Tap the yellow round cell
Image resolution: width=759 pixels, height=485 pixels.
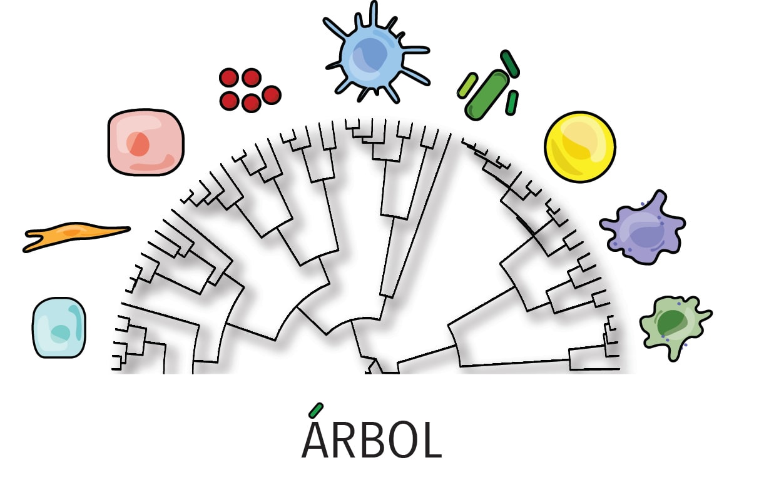[x=580, y=147]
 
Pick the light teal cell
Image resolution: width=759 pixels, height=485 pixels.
[x=59, y=327]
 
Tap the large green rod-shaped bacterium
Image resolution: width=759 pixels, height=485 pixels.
[x=487, y=96]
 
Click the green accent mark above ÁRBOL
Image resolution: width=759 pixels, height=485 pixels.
[x=317, y=409]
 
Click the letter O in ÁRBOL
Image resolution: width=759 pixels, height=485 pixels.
[x=401, y=442]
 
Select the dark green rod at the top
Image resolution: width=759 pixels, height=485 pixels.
[x=510, y=64]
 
